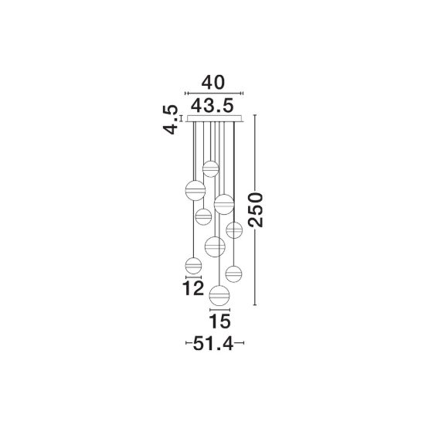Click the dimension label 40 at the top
click(213, 83)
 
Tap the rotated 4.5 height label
click(171, 120)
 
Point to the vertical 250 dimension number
click(255, 209)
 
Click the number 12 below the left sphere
click(193, 288)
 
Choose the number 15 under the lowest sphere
click(219, 321)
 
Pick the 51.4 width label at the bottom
click(213, 344)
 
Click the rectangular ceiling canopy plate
click(214, 118)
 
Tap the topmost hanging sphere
click(211, 169)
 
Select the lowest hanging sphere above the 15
click(219, 295)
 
